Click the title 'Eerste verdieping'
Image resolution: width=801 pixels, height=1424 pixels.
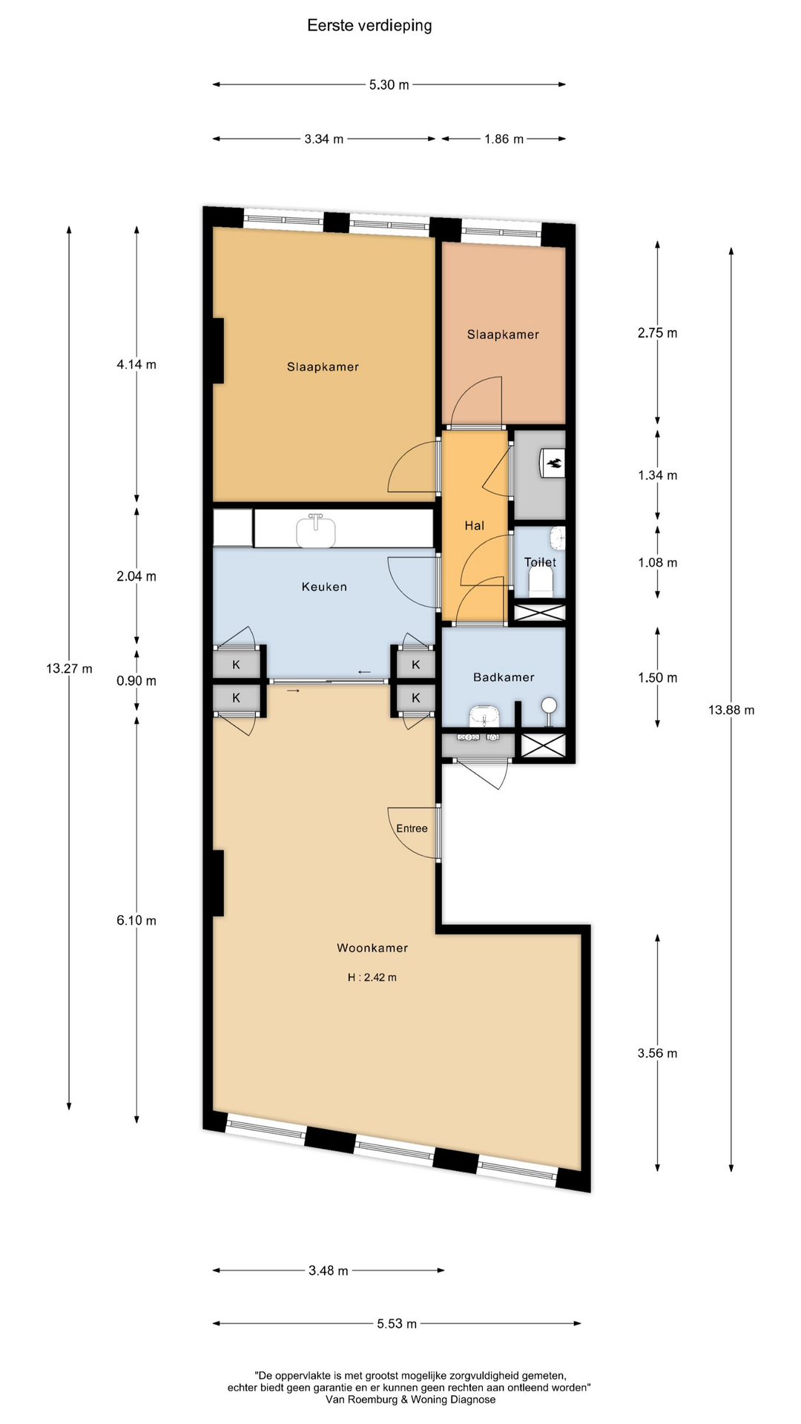369,26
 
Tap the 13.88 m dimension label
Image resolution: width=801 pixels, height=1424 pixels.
731,710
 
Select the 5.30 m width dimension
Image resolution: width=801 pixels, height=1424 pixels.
389,85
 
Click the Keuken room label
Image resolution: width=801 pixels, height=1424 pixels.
324,587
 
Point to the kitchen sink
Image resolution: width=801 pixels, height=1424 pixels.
316,530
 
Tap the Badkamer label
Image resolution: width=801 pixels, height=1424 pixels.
504,677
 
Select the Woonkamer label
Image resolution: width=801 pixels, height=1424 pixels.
372,948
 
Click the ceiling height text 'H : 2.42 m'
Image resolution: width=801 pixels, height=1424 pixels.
372,978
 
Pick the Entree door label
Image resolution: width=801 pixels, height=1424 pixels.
412,828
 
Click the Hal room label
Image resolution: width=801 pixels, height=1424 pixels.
475,526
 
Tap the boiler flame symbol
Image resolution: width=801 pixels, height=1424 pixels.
555,464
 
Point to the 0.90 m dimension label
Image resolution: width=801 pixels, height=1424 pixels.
136,681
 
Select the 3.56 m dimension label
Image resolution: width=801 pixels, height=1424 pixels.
657,1053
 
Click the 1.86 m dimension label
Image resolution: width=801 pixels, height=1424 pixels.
504,139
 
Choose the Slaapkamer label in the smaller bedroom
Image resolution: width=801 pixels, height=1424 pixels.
503,334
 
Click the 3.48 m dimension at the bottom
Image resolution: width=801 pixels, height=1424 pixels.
329,1270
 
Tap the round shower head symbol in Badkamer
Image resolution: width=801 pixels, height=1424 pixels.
550,705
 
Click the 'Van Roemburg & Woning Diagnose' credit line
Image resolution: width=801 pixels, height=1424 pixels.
410,1400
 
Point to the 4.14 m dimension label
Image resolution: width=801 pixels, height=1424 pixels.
136,364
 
